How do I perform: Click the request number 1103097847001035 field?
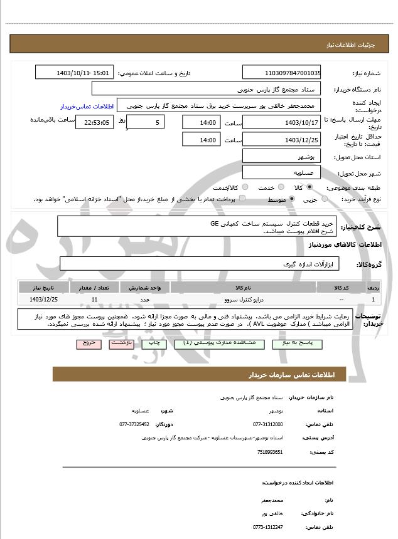(x=281, y=73)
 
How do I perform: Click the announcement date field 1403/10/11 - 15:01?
(x=75, y=73)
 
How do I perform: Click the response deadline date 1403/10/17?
(x=281, y=122)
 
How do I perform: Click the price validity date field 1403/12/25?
(x=281, y=139)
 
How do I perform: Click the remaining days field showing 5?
(x=147, y=122)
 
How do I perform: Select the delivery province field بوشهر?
(x=281, y=157)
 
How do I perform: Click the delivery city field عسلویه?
(x=281, y=172)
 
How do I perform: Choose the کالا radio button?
(x=309, y=187)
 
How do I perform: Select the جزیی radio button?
(x=325, y=199)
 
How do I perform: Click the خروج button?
(x=88, y=343)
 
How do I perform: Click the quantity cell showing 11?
(x=94, y=300)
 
